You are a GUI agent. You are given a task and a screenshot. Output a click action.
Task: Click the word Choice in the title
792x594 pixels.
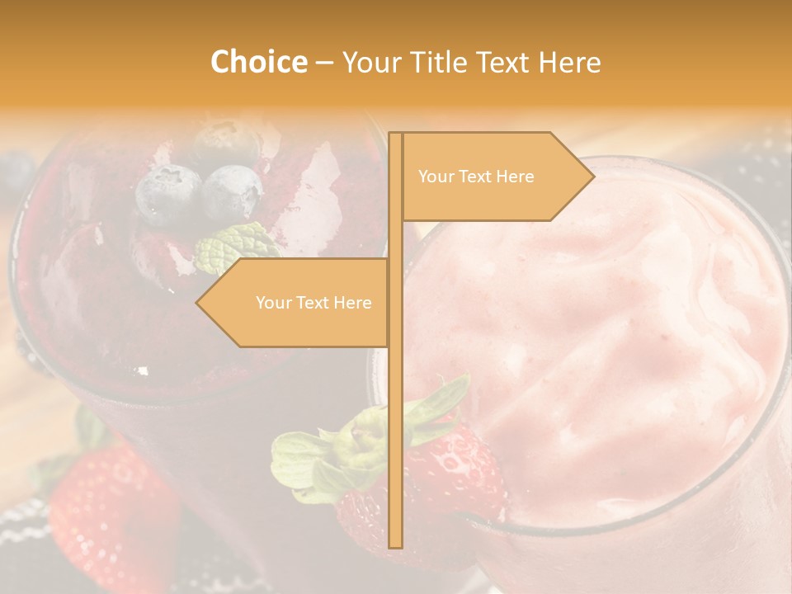(x=258, y=62)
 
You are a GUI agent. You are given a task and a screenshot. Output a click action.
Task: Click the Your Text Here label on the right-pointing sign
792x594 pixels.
(x=476, y=177)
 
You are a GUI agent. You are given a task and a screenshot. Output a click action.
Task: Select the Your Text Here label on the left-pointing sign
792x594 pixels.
(x=313, y=303)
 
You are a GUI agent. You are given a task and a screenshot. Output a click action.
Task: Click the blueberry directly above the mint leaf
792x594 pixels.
(x=232, y=192)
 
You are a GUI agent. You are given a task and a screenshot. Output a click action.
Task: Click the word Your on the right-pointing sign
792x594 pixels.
(x=435, y=177)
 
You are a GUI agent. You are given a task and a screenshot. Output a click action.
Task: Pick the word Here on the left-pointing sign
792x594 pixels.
(x=351, y=303)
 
